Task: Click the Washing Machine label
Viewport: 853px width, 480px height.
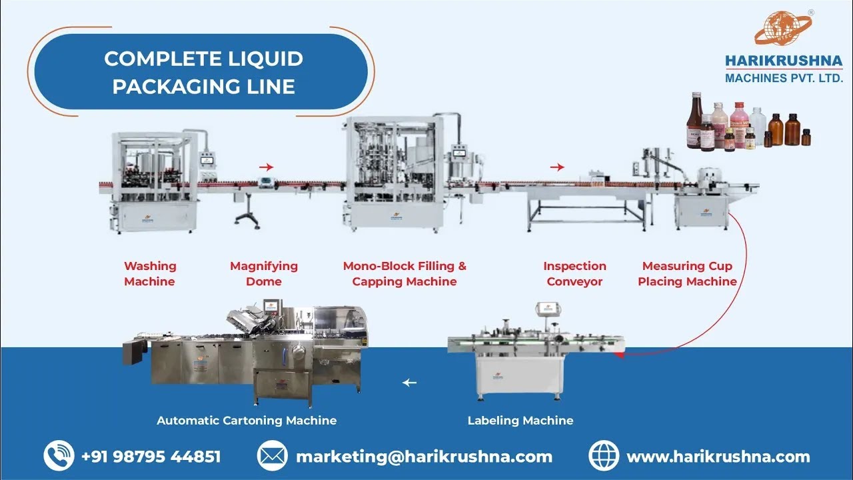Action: coord(150,274)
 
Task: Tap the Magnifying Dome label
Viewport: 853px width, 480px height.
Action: coord(264,274)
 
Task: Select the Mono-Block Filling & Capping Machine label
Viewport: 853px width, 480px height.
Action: coord(405,274)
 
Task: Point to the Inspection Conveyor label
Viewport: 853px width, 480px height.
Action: coord(574,274)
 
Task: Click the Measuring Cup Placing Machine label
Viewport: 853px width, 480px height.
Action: coord(687,274)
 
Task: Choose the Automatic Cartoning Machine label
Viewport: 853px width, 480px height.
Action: coord(247,421)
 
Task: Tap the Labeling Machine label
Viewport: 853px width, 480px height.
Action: coord(520,421)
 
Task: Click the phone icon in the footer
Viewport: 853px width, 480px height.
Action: coord(59,457)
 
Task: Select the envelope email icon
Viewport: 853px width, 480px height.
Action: coord(272,457)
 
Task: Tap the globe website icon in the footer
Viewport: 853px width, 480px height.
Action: coord(604,457)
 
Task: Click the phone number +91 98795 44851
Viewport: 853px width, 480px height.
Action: coord(151,457)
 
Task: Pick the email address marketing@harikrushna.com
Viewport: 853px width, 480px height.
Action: coord(424,457)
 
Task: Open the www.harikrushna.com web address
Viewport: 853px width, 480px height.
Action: coord(718,457)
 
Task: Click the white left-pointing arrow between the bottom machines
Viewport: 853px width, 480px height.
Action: coord(409,383)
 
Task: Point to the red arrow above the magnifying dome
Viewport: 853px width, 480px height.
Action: coord(266,167)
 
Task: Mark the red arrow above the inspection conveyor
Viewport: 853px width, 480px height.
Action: coord(558,167)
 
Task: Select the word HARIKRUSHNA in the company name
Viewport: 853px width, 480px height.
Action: coord(784,62)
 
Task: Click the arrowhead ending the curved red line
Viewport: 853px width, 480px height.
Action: coord(618,355)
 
